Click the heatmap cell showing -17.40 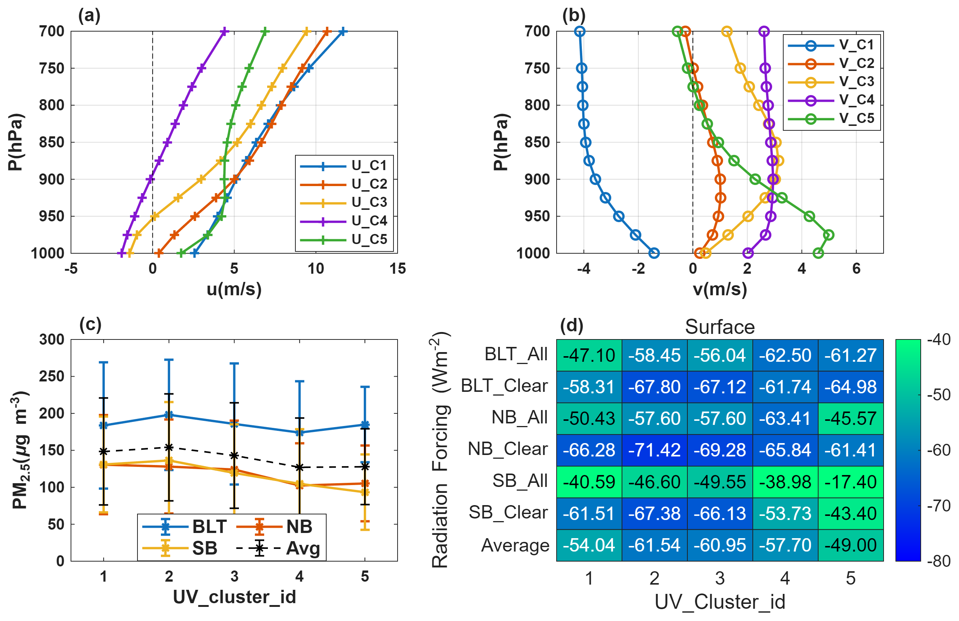coord(850,482)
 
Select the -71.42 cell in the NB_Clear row coord(654,450)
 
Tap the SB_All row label coord(520,481)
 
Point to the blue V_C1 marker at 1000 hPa coord(654,253)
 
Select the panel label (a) coord(89,15)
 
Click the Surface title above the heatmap coord(720,326)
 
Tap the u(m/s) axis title coord(234,289)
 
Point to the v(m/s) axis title coord(720,289)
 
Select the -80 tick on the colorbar coord(939,560)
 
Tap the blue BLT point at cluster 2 coord(169,415)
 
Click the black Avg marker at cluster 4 coord(299,467)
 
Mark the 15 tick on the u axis coord(397,269)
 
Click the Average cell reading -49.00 coord(850,545)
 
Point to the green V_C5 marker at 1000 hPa coord(818,253)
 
